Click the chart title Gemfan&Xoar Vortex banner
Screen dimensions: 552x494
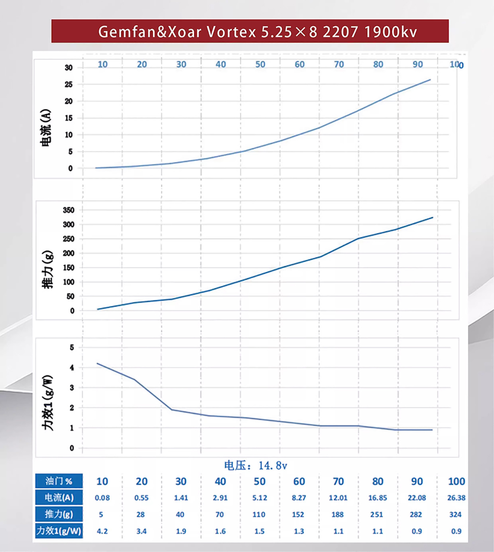point(250,31)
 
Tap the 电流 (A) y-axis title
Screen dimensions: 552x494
point(46,128)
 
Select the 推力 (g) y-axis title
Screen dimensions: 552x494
point(48,269)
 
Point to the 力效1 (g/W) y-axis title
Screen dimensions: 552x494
point(48,403)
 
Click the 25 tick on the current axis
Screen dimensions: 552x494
point(68,84)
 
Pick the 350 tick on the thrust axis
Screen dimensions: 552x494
point(68,210)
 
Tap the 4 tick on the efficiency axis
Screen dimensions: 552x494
point(72,368)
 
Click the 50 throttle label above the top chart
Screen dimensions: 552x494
point(260,65)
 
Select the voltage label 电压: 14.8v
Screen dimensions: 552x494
point(256,466)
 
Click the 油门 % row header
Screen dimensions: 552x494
point(59,481)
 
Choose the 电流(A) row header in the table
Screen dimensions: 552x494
point(59,498)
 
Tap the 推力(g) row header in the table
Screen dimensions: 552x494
point(59,514)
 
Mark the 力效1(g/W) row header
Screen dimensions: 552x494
point(59,531)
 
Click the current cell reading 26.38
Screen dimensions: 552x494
point(456,498)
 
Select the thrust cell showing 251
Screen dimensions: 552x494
point(376,515)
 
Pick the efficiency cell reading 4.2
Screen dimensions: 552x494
point(102,531)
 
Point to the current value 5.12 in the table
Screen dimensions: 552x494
point(259,498)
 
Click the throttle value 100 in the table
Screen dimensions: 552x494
point(456,481)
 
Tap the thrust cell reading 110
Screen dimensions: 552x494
point(259,515)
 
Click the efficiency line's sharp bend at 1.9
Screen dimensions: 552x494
point(172,410)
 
